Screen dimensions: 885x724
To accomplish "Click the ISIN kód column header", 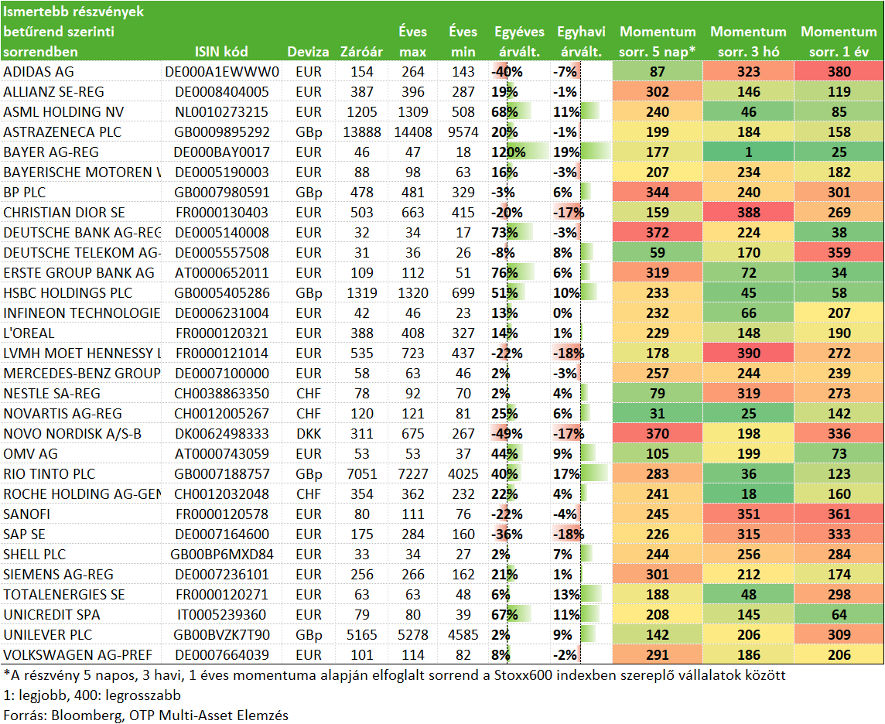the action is (221, 52).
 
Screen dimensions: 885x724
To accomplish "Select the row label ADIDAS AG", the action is (39, 72).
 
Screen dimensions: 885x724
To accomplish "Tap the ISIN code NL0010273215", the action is (221, 111).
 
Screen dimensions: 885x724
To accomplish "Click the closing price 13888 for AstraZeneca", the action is (362, 132).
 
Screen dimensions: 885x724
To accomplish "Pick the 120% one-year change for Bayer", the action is (508, 152).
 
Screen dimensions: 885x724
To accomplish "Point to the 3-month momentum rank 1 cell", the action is (748, 152).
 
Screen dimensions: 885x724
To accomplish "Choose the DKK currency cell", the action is (309, 434).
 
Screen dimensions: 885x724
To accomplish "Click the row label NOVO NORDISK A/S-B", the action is (72, 434).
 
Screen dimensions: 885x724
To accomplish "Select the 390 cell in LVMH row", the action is (748, 353).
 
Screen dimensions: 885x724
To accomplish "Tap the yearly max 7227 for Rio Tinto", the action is (413, 474).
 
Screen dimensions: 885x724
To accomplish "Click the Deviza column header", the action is (308, 52).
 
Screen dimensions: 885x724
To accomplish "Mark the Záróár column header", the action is (361, 52).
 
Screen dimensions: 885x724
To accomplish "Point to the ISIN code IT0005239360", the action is (221, 614).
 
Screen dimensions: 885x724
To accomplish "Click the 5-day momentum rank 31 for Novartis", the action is (658, 414).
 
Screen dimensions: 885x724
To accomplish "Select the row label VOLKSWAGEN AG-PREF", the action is (78, 655).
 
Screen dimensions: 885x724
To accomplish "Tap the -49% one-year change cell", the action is (507, 434).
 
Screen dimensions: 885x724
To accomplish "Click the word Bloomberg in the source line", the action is (85, 715).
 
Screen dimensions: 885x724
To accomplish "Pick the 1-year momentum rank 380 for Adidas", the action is (839, 72).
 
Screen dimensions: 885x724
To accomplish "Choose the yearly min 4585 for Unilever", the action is (463, 635).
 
